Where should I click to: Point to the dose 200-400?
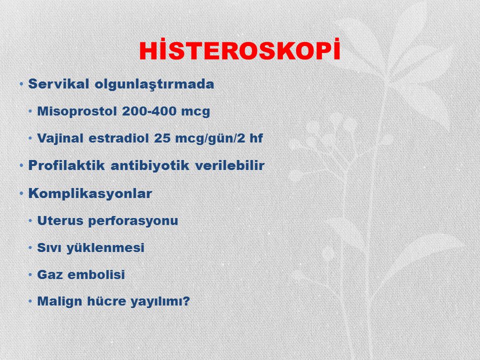(149, 111)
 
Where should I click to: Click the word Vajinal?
(60, 138)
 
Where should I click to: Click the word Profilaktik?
(66, 165)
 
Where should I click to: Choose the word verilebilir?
(229, 165)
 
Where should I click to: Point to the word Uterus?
(60, 220)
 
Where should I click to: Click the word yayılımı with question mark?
(160, 301)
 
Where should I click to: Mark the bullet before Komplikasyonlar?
(21, 194)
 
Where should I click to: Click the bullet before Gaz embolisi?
(30, 274)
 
